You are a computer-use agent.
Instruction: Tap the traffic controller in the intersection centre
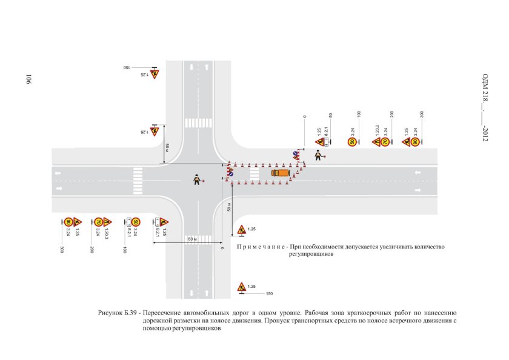pyautogui.click(x=197, y=179)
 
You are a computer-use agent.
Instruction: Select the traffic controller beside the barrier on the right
pyautogui.click(x=318, y=156)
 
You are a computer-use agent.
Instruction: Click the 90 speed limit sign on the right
pyautogui.click(x=415, y=142)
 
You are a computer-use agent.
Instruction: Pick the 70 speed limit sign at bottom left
pyautogui.click(x=97, y=222)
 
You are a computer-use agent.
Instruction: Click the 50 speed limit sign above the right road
pyautogui.click(x=351, y=142)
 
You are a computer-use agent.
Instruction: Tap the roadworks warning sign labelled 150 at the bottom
pyautogui.click(x=241, y=287)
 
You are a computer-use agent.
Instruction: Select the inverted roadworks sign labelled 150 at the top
pyautogui.click(x=155, y=73)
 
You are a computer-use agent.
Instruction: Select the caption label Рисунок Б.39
pyautogui.click(x=118, y=313)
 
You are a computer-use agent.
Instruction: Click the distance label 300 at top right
pyautogui.click(x=422, y=114)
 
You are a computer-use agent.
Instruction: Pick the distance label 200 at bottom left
pyautogui.click(x=91, y=249)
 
